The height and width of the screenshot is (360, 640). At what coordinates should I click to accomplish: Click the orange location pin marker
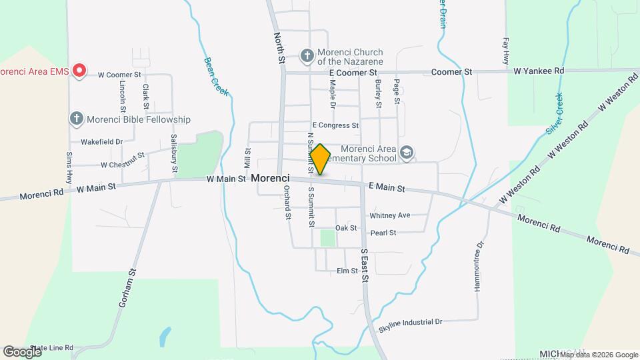[320, 159]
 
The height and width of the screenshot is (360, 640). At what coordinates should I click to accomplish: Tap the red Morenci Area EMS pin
[80, 70]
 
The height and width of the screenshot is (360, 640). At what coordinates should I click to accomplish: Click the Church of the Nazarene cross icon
[307, 56]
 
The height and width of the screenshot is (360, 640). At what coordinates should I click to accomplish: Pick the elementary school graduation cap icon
[406, 154]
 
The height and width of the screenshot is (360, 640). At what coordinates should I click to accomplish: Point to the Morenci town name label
[270, 179]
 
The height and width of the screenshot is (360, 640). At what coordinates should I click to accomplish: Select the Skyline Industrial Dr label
[410, 323]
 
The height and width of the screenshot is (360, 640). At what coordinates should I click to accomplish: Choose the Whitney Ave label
[389, 215]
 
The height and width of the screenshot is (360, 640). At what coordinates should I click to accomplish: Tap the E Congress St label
[335, 125]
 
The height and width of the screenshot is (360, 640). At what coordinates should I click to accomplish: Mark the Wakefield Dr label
[101, 141]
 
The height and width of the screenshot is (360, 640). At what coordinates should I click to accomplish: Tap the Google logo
[22, 351]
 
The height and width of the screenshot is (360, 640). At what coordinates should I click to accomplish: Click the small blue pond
[164, 337]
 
